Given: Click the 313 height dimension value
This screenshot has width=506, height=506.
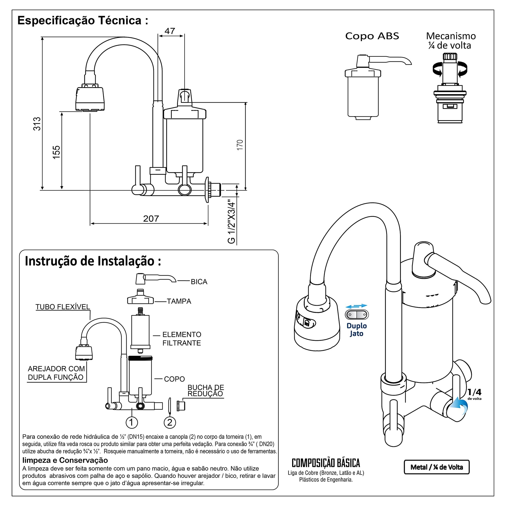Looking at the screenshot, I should (x=37, y=124).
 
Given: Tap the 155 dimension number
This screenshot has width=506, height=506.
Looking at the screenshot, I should (x=56, y=152).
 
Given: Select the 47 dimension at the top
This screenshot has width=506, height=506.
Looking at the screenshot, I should (x=170, y=31).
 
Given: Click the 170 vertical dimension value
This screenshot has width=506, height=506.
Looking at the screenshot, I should (x=240, y=145).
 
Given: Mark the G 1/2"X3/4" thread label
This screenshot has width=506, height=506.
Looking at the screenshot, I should (x=231, y=222).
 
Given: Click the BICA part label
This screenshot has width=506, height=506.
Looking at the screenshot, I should (x=199, y=282).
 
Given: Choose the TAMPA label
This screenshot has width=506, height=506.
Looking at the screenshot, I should (x=179, y=301).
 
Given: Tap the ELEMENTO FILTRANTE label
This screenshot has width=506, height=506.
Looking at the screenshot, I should (x=182, y=339).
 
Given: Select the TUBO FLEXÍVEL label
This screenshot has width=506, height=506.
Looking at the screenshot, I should (x=63, y=307).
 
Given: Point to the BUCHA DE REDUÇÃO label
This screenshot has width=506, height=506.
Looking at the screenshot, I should (x=206, y=391).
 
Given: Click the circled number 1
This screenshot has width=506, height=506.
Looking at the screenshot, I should (x=132, y=422).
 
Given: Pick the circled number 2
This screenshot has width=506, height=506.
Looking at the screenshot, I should (x=170, y=422).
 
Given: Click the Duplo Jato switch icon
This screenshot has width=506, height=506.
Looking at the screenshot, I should (x=357, y=315).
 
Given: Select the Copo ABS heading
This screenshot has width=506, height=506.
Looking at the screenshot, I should (x=372, y=36).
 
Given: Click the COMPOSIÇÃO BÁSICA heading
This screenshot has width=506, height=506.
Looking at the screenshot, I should (x=326, y=463).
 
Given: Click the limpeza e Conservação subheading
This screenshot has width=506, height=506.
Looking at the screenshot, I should (x=65, y=460).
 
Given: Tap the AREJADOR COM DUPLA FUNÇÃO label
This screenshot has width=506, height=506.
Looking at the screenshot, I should (x=56, y=373).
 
